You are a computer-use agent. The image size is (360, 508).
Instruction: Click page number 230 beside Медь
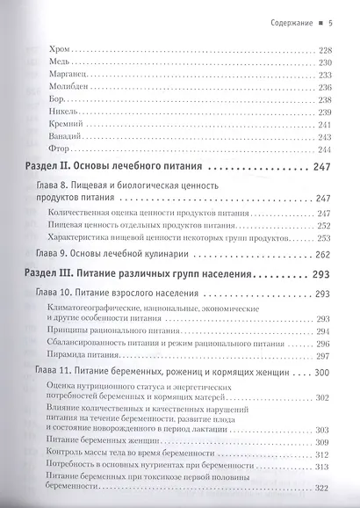tap(326, 62)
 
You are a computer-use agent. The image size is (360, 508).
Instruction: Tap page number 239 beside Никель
tap(326, 112)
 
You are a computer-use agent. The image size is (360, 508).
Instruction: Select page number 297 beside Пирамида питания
tap(326, 355)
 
